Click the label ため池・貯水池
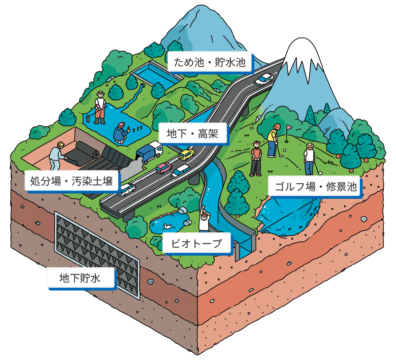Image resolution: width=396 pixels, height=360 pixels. (210, 62)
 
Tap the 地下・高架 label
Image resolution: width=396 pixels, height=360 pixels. (193, 133)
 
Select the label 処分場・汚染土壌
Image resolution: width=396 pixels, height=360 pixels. (72, 181)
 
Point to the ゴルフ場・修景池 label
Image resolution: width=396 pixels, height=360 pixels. (316, 187)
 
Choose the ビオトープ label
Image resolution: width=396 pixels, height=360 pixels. (197, 243)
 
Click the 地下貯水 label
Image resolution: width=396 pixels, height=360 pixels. (80, 278)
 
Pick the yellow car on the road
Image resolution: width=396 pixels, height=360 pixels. (187, 154)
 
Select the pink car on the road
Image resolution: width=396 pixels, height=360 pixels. (164, 168)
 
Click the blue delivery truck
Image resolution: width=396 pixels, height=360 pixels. (149, 152)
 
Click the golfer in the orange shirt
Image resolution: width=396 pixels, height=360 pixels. (256, 158)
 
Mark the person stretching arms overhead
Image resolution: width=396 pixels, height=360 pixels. (204, 219)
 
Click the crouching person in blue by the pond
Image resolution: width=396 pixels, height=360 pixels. (121, 133)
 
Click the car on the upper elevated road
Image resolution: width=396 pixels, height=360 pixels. (263, 79)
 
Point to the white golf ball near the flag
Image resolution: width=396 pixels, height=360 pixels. (285, 150)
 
